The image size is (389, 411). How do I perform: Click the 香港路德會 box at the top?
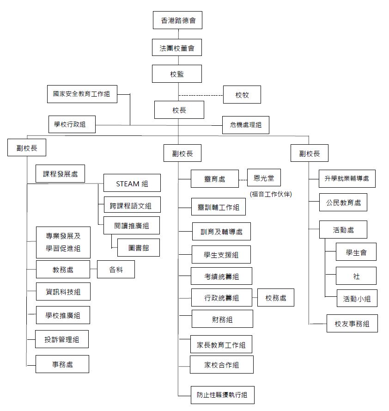(177, 20)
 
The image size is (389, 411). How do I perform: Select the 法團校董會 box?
(177, 48)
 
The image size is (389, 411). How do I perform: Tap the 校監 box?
(177, 74)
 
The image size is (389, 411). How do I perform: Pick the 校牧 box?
(242, 95)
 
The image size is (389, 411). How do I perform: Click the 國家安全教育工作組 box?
(82, 94)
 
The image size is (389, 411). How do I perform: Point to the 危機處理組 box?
(245, 125)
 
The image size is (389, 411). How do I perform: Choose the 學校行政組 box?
(72, 124)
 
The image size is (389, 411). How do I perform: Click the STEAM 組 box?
(132, 183)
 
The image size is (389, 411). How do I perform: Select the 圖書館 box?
(138, 247)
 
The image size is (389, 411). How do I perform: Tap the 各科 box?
(116, 269)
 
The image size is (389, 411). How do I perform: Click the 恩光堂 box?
(264, 178)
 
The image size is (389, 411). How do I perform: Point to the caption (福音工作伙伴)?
(271, 194)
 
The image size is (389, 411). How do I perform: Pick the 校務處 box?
(275, 298)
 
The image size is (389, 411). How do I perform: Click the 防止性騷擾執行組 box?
(222, 395)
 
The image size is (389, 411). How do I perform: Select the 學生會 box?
(356, 252)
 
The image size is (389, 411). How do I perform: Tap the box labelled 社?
(356, 276)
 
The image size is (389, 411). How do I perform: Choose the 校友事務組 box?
(352, 324)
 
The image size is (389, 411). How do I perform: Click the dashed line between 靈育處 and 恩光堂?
(243, 180)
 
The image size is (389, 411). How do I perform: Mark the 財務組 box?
(222, 319)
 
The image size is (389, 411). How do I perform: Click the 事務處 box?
(62, 364)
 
